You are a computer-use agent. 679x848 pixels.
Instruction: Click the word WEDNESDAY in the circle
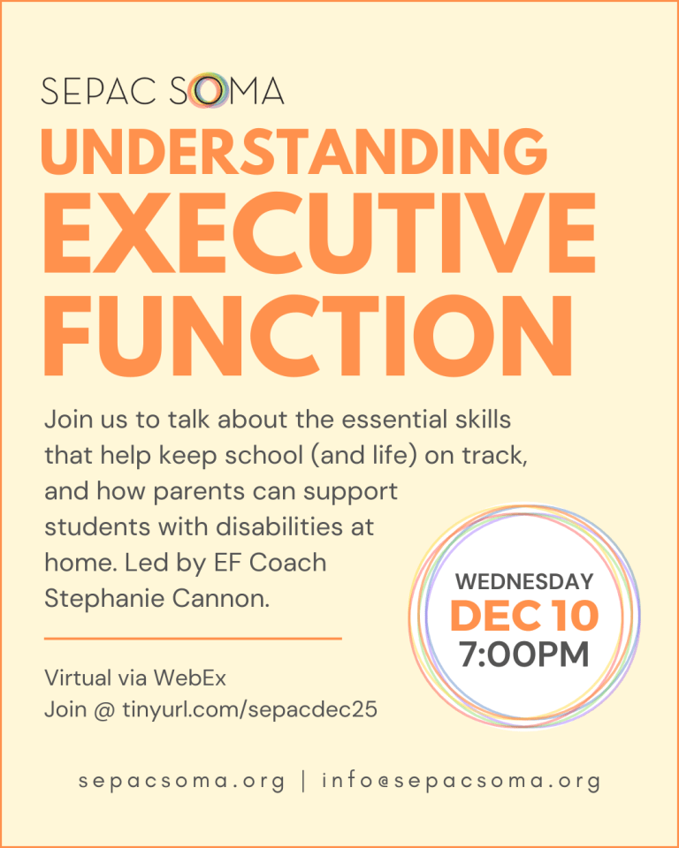(x=523, y=582)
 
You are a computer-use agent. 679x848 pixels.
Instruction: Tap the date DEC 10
(x=523, y=617)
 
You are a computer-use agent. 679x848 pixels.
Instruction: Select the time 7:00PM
(x=523, y=655)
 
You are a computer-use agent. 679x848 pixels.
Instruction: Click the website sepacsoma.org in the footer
(x=181, y=781)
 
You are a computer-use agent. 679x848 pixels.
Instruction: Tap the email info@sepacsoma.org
(x=461, y=781)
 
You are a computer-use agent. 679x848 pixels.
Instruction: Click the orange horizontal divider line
(x=192, y=637)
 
